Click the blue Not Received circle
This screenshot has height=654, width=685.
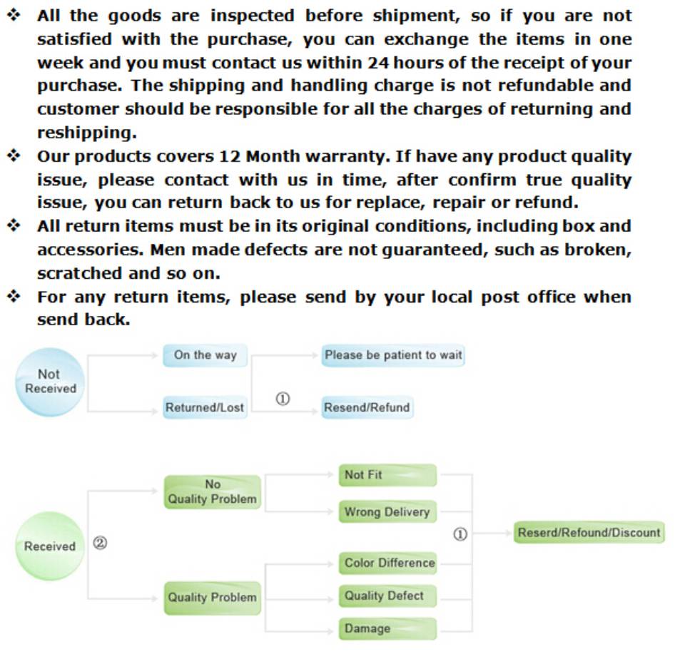coord(49,382)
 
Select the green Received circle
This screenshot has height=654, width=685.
coord(49,546)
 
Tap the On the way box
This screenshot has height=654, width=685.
coord(205,355)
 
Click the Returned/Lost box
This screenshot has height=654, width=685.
coord(205,407)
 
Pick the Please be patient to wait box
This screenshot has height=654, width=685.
coord(392,354)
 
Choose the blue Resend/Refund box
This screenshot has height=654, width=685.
coord(367,407)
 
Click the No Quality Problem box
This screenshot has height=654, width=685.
coord(212,491)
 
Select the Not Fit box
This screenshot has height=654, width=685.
coord(387,475)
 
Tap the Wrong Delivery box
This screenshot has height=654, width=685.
coord(387,512)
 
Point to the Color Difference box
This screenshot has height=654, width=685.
coord(388,563)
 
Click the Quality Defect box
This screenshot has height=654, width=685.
coord(387,596)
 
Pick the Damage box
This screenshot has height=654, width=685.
coord(387,628)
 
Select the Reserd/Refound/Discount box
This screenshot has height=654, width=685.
coord(589,533)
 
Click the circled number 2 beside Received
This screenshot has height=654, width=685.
coord(101,543)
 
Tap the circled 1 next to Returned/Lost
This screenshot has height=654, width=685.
coord(283,399)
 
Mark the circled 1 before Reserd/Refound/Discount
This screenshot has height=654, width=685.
coord(461,534)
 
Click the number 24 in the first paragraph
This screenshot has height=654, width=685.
coord(377,63)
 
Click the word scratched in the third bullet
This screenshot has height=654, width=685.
coord(79,273)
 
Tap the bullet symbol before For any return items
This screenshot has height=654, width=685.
coord(14,296)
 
